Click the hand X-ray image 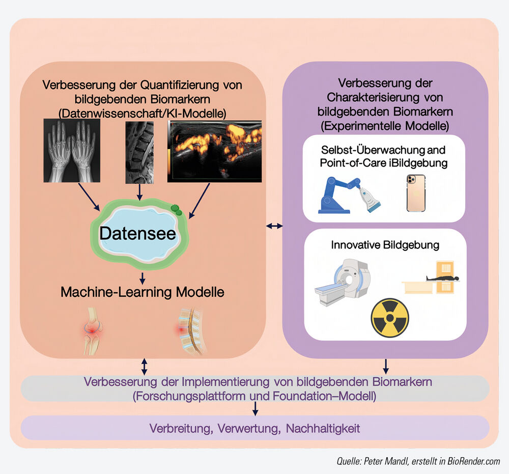coord(72,151)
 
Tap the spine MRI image coord(139,153)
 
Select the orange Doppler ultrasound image coord(215,151)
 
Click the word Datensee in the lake coord(137,233)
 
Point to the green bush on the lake coord(176,210)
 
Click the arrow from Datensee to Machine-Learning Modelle coord(142,278)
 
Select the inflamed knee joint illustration coord(93,330)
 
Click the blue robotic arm coord(340,195)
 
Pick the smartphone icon coord(416,193)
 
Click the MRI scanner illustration coord(343,282)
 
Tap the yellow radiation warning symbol coord(390,318)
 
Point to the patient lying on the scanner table coord(442,278)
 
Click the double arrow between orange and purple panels coord(274,226)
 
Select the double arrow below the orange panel coord(145,367)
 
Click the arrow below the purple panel coord(386,367)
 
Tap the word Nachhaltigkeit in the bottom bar coord(323,429)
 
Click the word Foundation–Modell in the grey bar coord(325,396)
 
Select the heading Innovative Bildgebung coord(385,245)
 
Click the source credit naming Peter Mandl coord(418,461)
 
